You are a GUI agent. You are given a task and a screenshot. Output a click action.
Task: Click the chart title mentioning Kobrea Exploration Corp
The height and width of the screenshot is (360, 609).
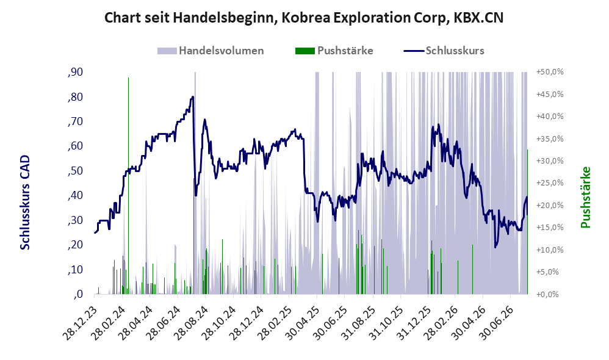click(x=304, y=18)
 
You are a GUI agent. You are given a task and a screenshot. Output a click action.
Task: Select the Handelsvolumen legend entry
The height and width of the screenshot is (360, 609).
click(x=211, y=51)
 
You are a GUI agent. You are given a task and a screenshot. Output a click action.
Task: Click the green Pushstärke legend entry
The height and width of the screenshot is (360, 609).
click(x=334, y=51)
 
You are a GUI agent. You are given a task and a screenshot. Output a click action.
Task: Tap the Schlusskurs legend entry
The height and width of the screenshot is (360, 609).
click(x=444, y=51)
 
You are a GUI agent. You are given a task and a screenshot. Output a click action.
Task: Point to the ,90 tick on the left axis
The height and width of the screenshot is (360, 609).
click(x=75, y=72)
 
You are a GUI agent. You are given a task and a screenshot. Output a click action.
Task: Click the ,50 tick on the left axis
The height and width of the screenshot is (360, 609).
click(x=75, y=171)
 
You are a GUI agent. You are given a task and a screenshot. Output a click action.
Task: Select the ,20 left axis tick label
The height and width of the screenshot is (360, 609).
click(x=75, y=245)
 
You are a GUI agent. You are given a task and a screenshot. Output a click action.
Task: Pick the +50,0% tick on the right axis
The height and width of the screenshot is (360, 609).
click(x=550, y=72)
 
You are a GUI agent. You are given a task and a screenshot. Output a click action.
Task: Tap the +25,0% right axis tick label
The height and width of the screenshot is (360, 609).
click(x=550, y=183)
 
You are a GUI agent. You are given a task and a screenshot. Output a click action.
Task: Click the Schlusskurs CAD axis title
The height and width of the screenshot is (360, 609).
click(x=25, y=203)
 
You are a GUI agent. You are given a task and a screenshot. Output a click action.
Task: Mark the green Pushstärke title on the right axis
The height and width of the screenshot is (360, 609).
click(x=585, y=197)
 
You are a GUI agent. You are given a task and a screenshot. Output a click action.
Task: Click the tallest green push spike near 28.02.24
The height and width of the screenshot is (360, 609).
click(x=128, y=185)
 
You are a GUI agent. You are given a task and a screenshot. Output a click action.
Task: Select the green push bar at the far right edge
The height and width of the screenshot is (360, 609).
click(x=527, y=221)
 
